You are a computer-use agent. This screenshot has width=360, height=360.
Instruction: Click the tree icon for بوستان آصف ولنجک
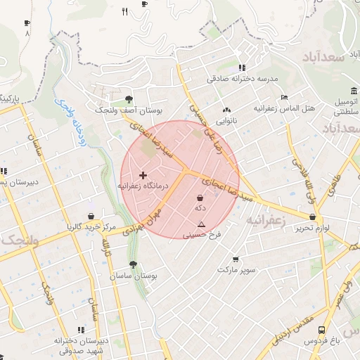(x=128, y=99)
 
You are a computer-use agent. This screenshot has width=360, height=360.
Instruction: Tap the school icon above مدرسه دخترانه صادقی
(x=242, y=68)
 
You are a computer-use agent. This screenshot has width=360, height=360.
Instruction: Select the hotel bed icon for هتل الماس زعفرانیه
(x=284, y=97)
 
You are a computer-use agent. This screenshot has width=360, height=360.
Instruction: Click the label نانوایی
(x=226, y=121)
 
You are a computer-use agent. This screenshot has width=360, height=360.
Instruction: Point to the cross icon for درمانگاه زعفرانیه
(x=143, y=175)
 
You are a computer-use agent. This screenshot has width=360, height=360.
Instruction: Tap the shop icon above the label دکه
(x=201, y=198)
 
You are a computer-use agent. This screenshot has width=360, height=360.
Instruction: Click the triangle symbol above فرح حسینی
(x=201, y=224)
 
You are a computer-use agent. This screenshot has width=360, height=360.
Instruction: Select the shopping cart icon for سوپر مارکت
(x=235, y=259)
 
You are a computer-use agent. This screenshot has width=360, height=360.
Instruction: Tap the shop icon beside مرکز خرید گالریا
(x=91, y=217)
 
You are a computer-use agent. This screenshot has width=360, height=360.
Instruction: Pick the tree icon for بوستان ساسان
(x=133, y=265)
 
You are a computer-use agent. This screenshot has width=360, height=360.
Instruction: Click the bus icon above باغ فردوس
(x=321, y=329)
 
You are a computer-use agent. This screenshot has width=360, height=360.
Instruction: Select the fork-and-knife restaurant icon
(x=125, y=11)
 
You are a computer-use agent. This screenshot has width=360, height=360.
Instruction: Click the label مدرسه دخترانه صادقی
(x=243, y=79)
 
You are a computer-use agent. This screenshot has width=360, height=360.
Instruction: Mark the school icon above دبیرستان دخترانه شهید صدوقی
(x=81, y=328)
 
